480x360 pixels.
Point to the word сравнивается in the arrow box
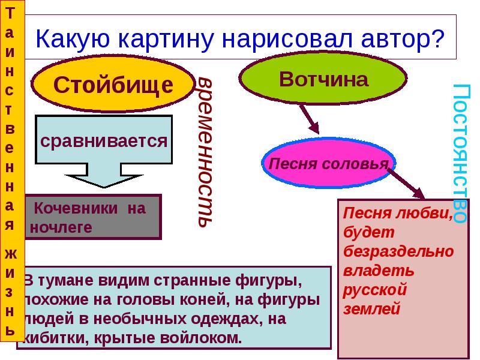103,142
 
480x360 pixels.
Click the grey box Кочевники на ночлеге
92,217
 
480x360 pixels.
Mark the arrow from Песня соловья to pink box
408,183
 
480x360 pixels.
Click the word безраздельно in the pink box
398,251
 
